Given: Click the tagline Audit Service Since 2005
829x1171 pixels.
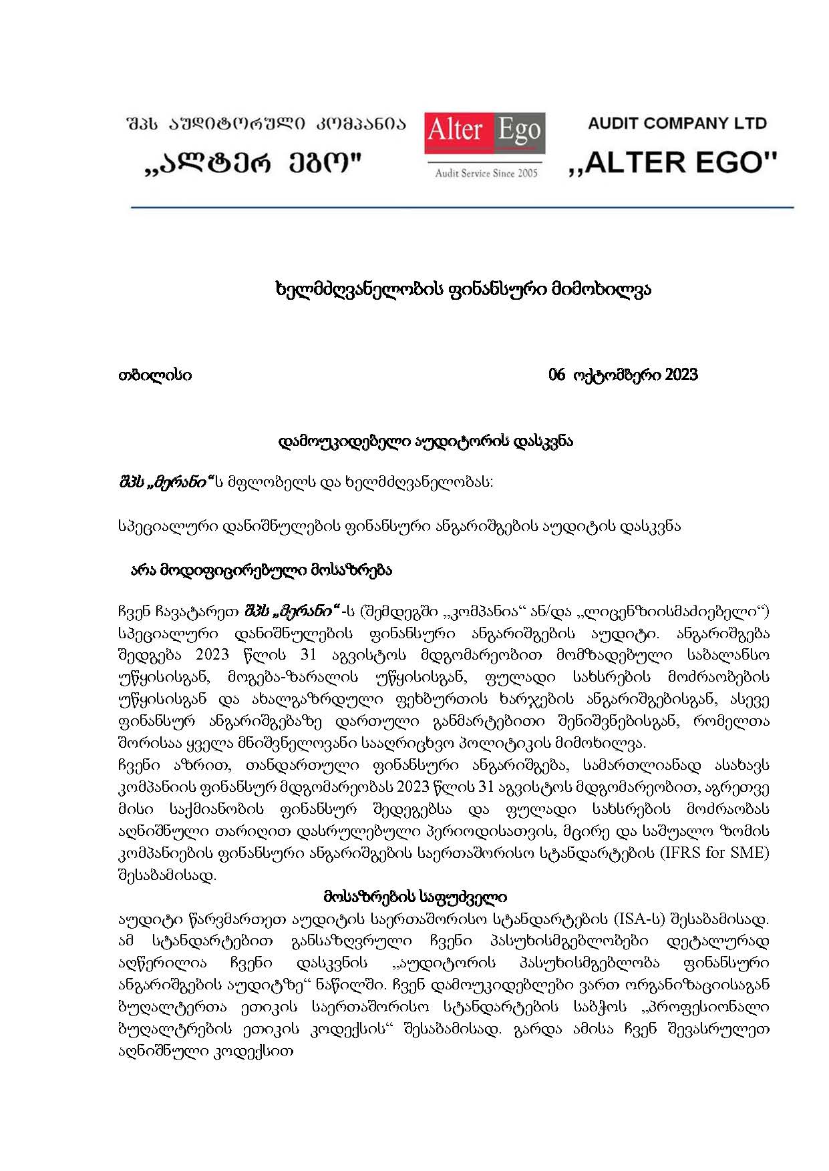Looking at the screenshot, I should click(486, 174).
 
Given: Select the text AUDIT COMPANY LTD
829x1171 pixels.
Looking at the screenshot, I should click(677, 124).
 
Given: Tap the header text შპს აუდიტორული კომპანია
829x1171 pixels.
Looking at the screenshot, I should click(266, 124).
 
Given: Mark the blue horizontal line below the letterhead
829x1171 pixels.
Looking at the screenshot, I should click(462, 208).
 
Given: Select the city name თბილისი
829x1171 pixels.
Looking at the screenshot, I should click(155, 375).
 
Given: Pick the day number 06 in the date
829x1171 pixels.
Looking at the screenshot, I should click(556, 375).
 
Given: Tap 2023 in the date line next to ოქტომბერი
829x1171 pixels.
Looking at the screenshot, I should click(681, 375).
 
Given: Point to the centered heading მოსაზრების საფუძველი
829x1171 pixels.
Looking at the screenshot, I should click(415, 897).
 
